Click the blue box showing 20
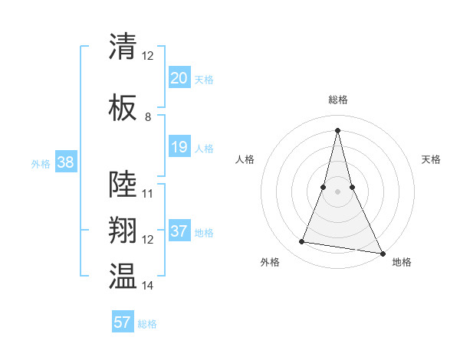tap(179, 78)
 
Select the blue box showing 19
tap(179, 147)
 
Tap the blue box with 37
tap(179, 231)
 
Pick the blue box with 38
tap(64, 162)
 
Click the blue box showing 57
tap(123, 322)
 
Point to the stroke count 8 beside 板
tap(148, 117)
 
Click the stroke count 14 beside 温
tap(148, 286)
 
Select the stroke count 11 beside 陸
tap(148, 194)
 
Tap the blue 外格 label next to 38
tap(40, 163)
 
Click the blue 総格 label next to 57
tap(147, 324)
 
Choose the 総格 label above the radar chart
tap(337, 100)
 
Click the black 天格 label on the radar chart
tap(431, 159)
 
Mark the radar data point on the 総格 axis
tap(337, 130)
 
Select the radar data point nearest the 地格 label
tap(383, 254)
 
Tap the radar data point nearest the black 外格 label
tap(302, 242)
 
